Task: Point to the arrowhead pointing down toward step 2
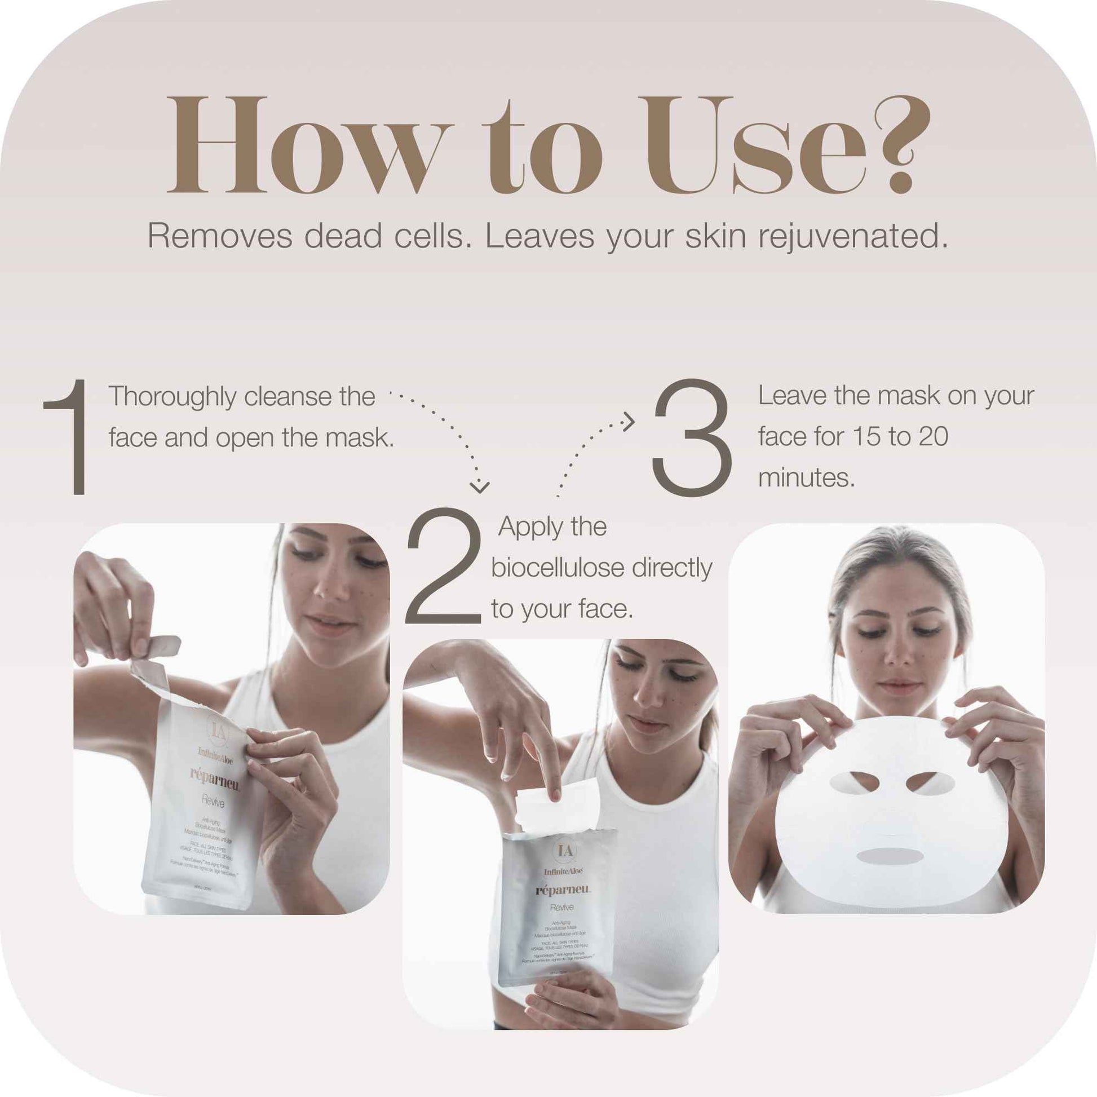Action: [480, 487]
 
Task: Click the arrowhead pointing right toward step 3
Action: [629, 421]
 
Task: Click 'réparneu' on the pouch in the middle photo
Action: [563, 890]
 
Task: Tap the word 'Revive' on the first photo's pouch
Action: [213, 802]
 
